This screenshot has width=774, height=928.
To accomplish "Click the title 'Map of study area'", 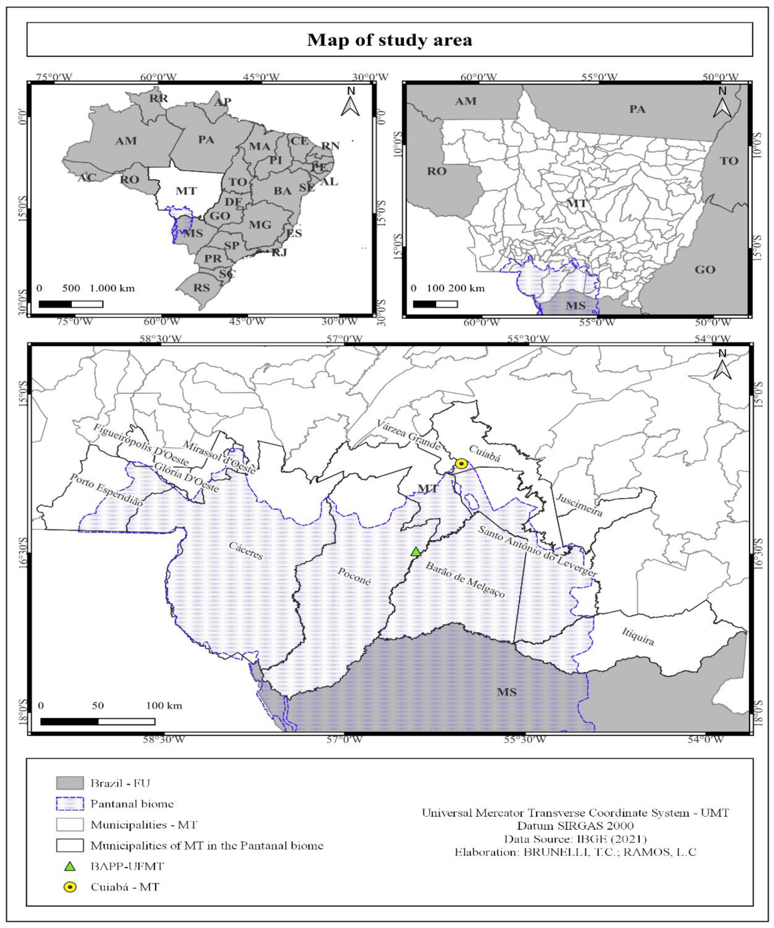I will (x=390, y=40).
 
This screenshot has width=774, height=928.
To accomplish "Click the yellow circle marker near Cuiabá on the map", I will (x=461, y=463).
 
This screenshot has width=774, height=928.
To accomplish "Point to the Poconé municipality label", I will (x=354, y=576).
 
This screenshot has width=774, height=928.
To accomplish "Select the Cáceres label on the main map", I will (x=246, y=551).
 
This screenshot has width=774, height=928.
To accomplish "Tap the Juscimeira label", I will (x=579, y=505).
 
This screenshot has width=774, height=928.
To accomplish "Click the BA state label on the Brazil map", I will (x=283, y=191).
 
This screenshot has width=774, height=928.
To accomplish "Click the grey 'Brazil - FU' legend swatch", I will (x=70, y=783).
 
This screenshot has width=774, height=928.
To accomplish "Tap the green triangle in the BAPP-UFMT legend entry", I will (x=70, y=866).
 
